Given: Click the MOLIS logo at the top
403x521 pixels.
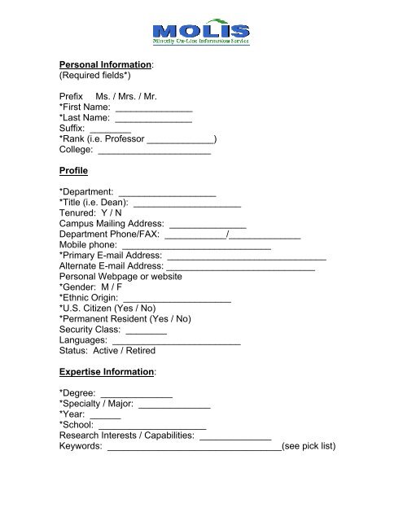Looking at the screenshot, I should tap(202, 32).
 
